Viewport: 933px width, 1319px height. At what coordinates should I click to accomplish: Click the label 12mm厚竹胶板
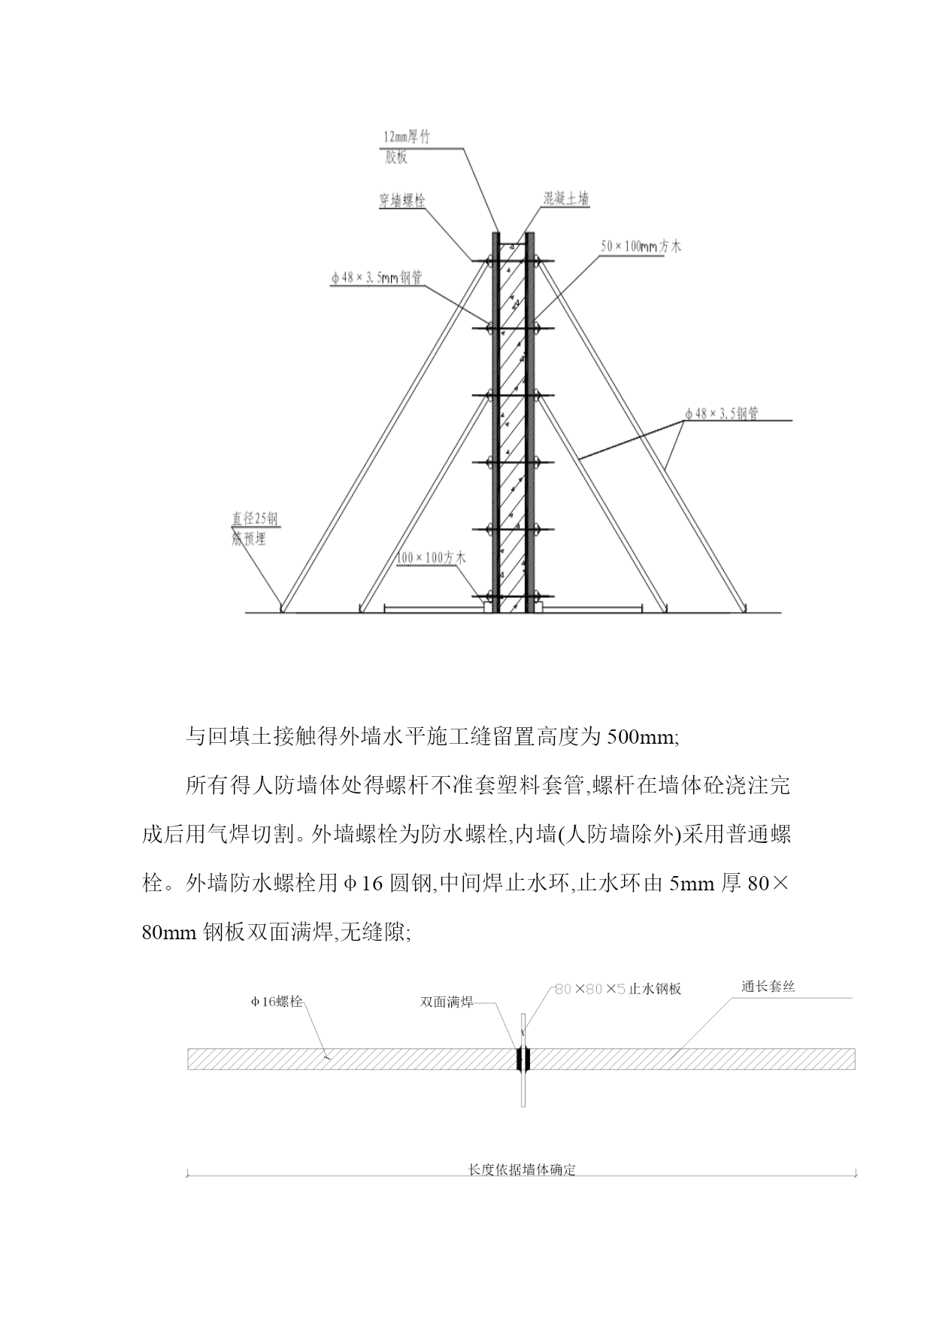pyautogui.click(x=407, y=147)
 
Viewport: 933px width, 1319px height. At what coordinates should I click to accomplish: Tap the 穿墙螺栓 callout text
pyautogui.click(x=401, y=201)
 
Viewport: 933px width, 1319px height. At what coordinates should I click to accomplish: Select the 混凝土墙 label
pyautogui.click(x=566, y=199)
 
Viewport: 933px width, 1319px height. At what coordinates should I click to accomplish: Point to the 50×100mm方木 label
pyautogui.click(x=641, y=246)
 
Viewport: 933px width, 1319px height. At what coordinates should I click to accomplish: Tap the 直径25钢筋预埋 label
pyautogui.click(x=255, y=529)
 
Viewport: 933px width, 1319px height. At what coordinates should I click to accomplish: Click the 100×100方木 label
pyautogui.click(x=431, y=558)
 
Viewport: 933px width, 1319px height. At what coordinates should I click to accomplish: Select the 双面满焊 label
pyautogui.click(x=447, y=1002)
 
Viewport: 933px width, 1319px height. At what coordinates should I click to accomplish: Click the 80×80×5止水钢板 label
pyautogui.click(x=617, y=989)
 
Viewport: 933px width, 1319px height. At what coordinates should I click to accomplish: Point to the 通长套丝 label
pyautogui.click(x=768, y=987)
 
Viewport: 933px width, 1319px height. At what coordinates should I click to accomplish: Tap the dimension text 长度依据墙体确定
pyautogui.click(x=521, y=1170)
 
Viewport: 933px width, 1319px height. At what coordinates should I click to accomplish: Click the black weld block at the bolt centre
pyautogui.click(x=523, y=1059)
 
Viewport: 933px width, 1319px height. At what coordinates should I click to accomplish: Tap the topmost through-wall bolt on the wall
pyautogui.click(x=513, y=261)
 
